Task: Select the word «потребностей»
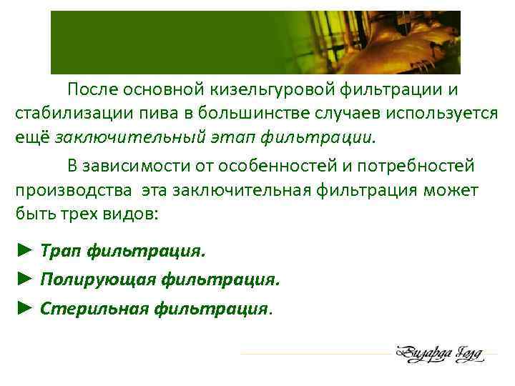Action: coord(417,167)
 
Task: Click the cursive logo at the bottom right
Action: coord(438,353)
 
